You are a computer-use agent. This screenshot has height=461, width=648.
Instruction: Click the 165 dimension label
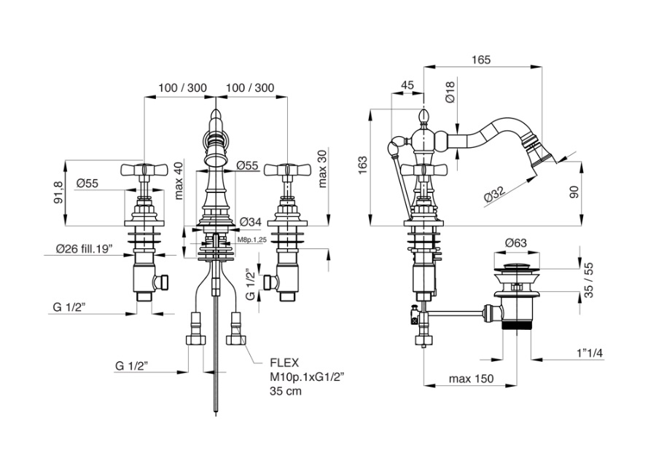(481, 60)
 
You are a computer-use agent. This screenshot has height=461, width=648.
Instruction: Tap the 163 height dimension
(362, 165)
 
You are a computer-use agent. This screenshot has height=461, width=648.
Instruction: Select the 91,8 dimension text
(59, 193)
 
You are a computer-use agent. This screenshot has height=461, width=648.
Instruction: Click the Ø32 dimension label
(495, 193)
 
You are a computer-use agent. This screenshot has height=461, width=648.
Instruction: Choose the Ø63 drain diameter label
(516, 243)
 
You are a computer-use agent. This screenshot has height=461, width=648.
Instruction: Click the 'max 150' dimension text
(471, 379)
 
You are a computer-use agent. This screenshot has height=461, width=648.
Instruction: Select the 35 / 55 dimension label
(589, 280)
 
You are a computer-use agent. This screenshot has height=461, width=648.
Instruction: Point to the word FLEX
(284, 363)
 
